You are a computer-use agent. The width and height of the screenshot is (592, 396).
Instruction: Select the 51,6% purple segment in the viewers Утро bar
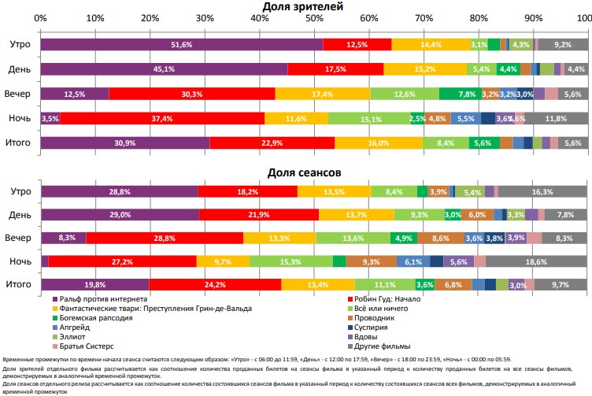182,45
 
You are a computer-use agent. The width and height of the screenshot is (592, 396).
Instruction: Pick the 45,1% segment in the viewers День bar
164,69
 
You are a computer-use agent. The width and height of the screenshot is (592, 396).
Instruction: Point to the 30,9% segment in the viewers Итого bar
125,143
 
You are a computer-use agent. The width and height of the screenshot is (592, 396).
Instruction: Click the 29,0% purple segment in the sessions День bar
120,214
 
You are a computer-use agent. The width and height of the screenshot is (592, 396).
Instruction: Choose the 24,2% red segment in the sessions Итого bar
215,284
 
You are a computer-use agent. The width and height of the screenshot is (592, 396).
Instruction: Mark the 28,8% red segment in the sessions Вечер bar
165,238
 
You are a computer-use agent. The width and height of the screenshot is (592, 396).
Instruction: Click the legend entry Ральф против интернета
102,299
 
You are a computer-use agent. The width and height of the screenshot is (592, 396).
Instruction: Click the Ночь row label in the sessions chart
19,261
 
